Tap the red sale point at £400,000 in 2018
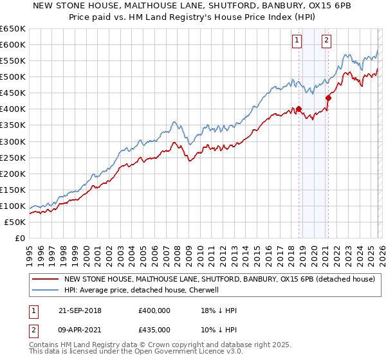click(x=299, y=109)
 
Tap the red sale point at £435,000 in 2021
click(x=328, y=98)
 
